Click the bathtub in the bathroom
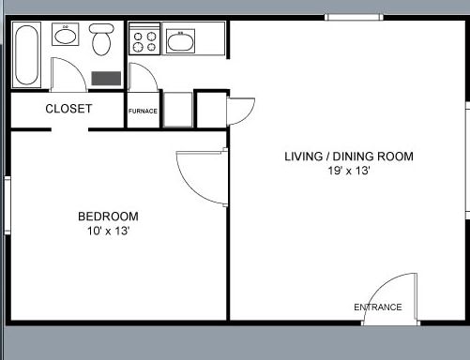coord(26,55)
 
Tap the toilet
coord(101,40)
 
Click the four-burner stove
coord(144,40)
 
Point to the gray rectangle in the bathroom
coord(106,78)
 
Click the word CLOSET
coord(68,109)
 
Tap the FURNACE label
coord(143,111)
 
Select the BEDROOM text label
coord(108,217)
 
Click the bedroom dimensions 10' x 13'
coord(108,231)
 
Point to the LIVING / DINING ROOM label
coord(349,157)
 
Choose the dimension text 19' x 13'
coord(349,171)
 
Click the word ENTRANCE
coord(377,307)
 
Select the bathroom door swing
coord(68,75)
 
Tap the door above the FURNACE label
coord(142,78)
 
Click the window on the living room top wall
coord(354,17)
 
